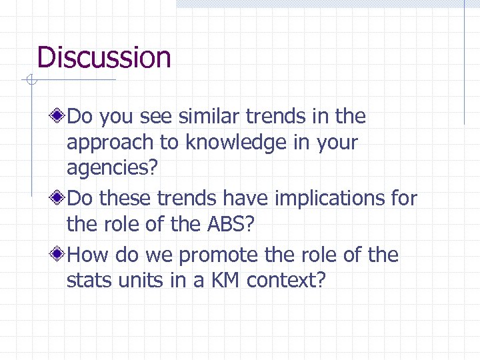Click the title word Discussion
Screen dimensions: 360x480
pos(104,57)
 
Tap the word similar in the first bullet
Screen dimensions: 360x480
pos(209,117)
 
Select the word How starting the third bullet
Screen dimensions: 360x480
pos(89,255)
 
